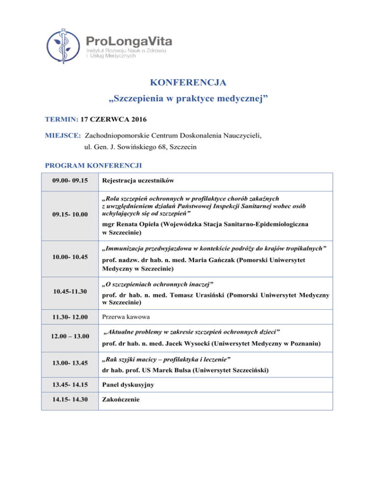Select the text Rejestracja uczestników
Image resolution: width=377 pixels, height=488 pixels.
(137, 181)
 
